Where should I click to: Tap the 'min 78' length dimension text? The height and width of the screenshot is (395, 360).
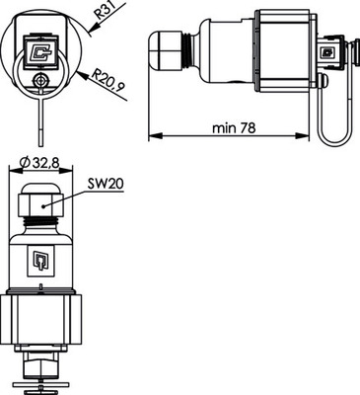[x=234, y=127]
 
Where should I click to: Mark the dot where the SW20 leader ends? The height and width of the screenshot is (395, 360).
[x=45, y=204]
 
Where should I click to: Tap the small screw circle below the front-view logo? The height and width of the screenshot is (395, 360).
[x=39, y=82]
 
